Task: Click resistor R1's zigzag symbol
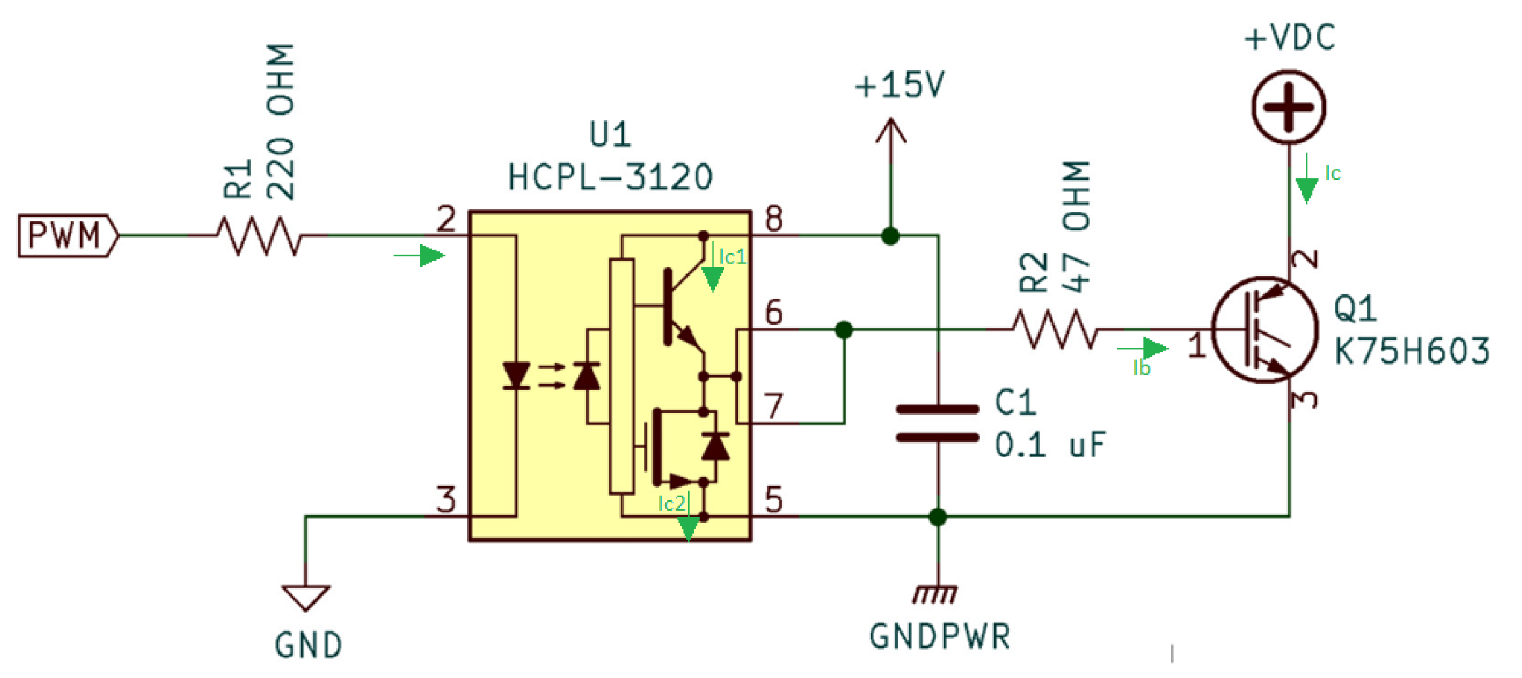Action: tap(259, 235)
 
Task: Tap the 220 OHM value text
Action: tap(280, 122)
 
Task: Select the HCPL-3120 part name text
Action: tap(610, 177)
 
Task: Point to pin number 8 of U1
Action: tap(774, 219)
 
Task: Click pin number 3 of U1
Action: tap(446, 500)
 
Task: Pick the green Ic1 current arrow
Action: tap(713, 276)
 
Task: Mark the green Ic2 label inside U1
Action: tap(672, 504)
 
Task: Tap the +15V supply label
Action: tap(900, 86)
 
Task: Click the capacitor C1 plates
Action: tap(938, 423)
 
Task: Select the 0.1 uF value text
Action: tap(1050, 446)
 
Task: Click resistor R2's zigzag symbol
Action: tap(1054, 328)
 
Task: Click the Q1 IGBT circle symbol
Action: tap(1264, 329)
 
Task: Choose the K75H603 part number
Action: tap(1411, 351)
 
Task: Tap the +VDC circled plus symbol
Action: tap(1288, 107)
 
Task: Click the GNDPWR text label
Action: tap(940, 637)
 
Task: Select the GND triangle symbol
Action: tap(305, 596)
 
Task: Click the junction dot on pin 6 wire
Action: tap(844, 329)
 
